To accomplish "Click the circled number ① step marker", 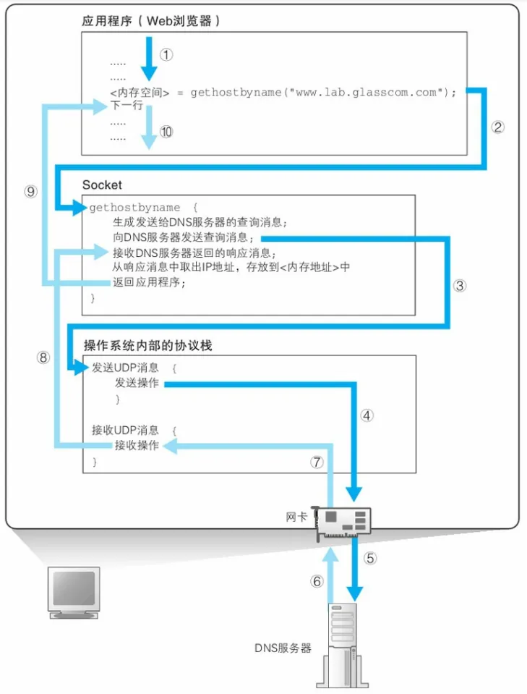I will tap(167, 55).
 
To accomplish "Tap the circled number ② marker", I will tap(497, 127).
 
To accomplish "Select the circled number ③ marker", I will tap(460, 284).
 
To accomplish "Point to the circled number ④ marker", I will tap(367, 415).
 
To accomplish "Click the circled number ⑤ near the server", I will tap(370, 558).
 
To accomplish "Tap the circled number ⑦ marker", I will tap(316, 463).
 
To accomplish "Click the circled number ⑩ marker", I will tap(167, 132).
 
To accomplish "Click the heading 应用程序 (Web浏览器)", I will tap(151, 21).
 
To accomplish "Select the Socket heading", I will tap(102, 185).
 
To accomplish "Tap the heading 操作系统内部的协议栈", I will tap(148, 346).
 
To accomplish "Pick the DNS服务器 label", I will tap(283, 647).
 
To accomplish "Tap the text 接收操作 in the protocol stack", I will tap(137, 446).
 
